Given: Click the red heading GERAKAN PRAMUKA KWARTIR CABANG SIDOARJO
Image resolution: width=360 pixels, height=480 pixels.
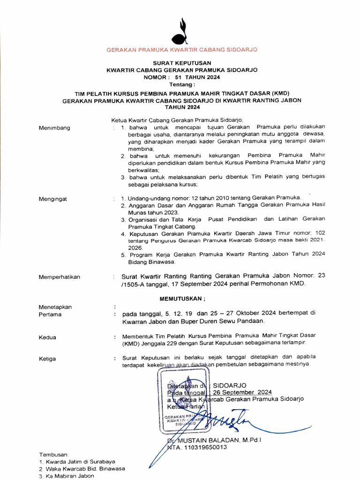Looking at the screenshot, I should pos(182,50).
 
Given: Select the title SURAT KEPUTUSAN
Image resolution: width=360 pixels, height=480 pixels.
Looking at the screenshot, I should pos(182,63).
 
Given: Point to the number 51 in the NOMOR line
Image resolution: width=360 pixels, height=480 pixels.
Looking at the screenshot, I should pos(178,77).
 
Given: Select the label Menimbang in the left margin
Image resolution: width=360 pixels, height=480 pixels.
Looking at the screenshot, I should pos(54,127).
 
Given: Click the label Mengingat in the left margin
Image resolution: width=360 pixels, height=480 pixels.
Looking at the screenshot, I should pos(52,199).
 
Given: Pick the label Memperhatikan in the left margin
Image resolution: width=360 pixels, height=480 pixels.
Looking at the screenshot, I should pos(59,277).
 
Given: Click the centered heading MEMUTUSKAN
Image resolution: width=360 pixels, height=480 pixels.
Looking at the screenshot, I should pos(182,299).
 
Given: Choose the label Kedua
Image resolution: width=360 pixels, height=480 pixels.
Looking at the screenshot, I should pos(47,337).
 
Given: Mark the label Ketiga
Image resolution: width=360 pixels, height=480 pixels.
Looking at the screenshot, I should pos(47,359).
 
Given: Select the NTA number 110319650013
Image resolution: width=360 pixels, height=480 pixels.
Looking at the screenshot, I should pos(203,447).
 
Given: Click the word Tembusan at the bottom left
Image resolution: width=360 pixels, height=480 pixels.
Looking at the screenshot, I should pos(53,455).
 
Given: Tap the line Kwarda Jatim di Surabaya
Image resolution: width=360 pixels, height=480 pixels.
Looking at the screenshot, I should pos(80,462).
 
